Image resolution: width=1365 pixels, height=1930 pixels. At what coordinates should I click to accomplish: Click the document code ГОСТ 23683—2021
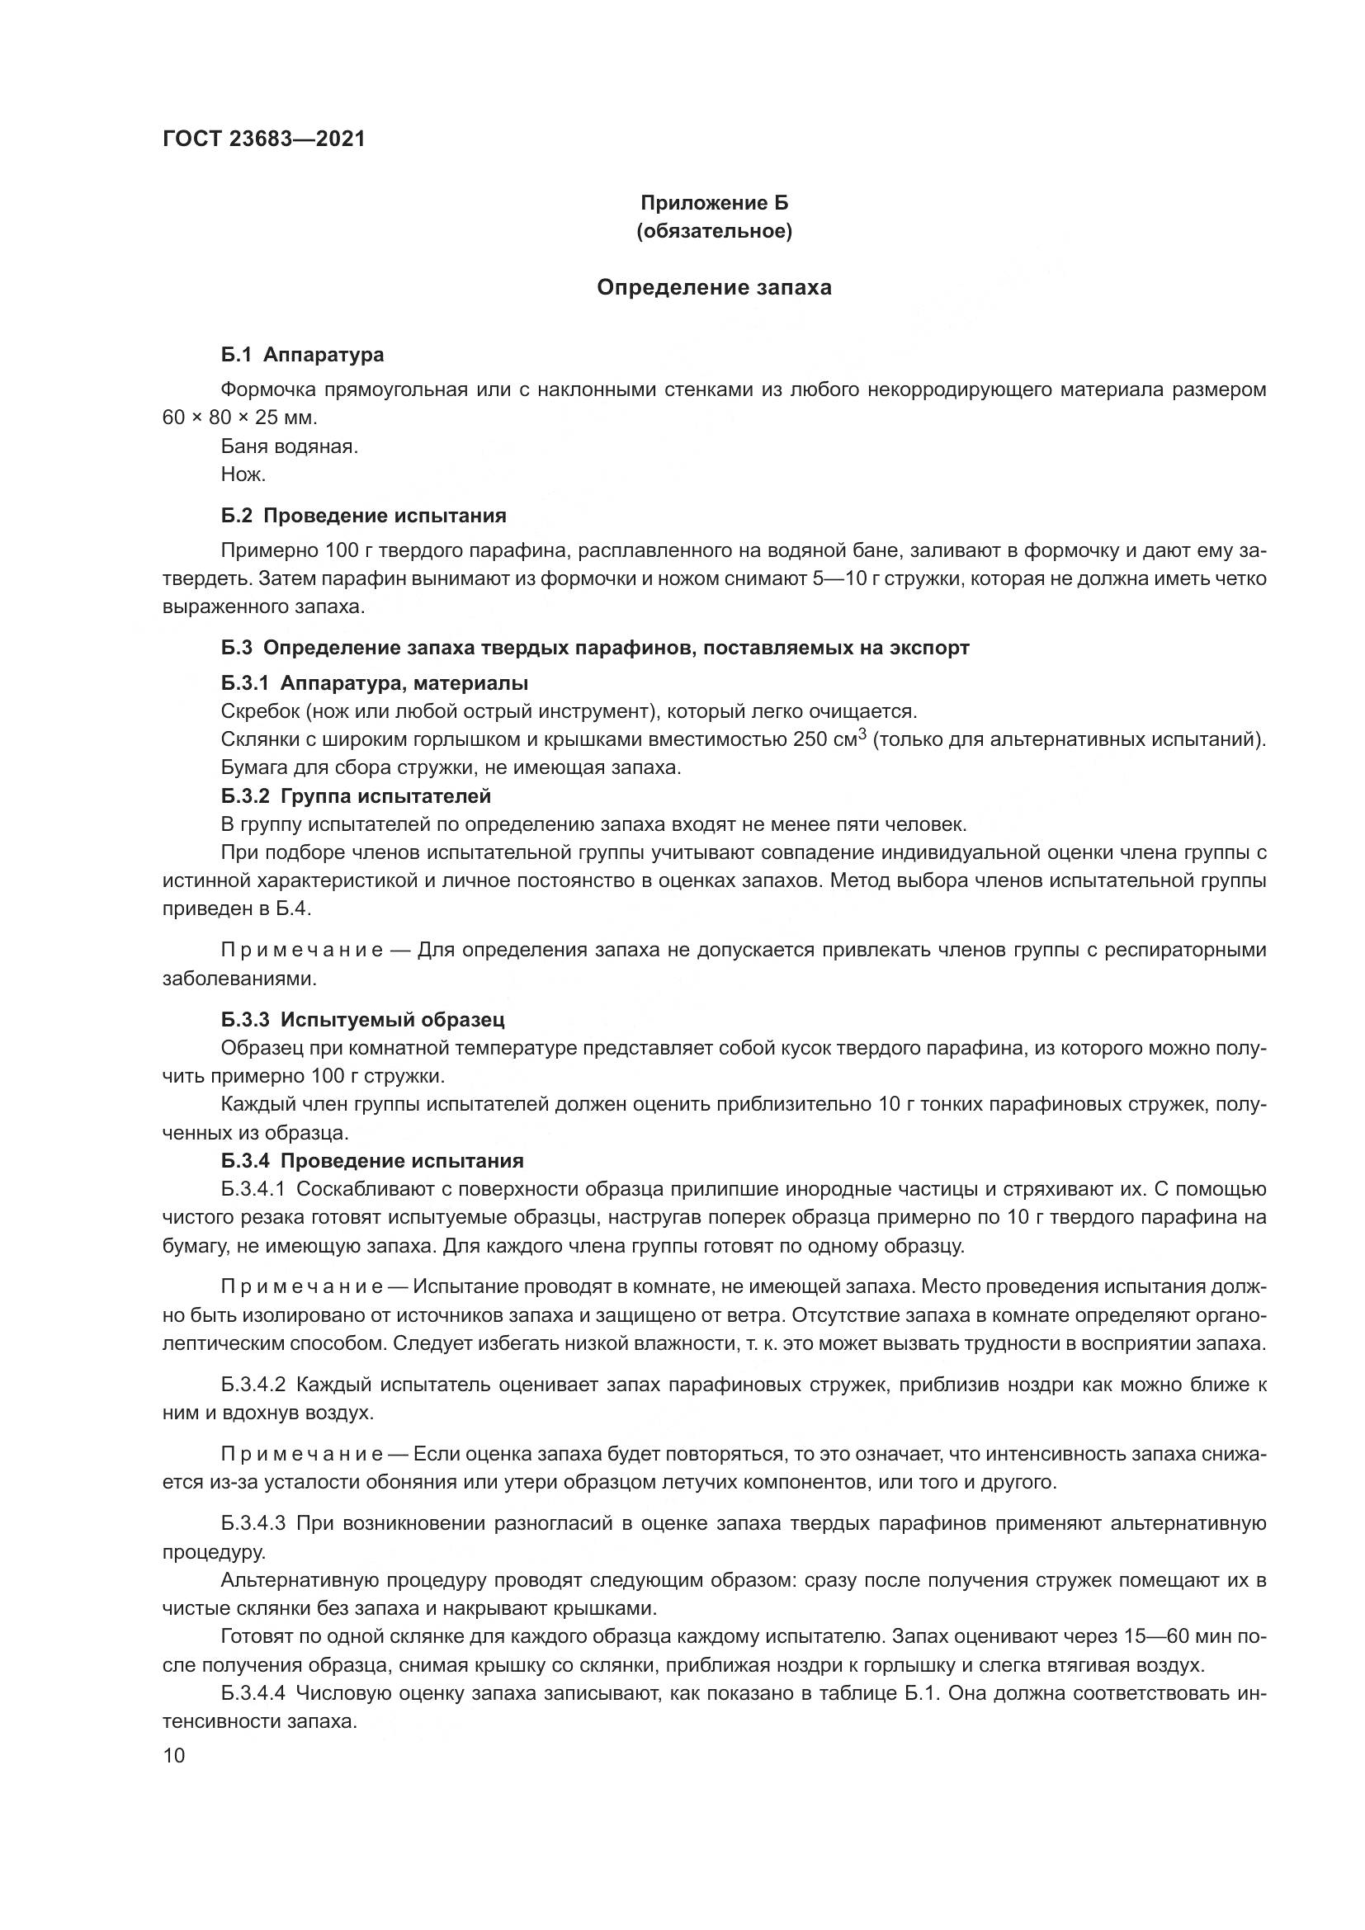pos(264,139)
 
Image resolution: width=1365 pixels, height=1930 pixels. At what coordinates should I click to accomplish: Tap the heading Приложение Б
pos(715,203)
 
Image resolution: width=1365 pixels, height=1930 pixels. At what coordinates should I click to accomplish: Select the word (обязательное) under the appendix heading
pos(715,231)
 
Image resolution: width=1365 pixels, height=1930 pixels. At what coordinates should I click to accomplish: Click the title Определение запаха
pos(715,287)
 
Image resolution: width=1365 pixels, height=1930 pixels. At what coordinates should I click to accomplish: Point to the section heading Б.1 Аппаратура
pos(303,355)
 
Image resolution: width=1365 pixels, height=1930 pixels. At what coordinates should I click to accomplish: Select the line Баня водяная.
pos(290,446)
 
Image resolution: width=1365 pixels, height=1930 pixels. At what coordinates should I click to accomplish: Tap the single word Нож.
pos(243,474)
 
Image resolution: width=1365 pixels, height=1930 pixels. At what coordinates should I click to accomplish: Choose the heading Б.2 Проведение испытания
pos(364,515)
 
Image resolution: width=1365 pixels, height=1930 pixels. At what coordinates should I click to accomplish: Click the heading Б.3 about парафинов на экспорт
pos(595,648)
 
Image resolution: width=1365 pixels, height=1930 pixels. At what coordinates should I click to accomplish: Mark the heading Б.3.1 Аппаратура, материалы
pos(375,682)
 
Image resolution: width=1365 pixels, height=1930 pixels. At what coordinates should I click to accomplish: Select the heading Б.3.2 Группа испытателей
pos(357,795)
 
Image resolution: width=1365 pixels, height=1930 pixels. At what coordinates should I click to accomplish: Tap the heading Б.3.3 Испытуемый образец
pos(363,1020)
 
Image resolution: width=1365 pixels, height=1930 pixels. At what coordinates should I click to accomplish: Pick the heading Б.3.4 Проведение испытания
pos(372,1161)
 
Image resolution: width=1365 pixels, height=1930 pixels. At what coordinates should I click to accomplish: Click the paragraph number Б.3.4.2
pos(254,1385)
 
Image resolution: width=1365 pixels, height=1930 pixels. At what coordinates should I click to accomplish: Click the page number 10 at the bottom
pos(174,1756)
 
